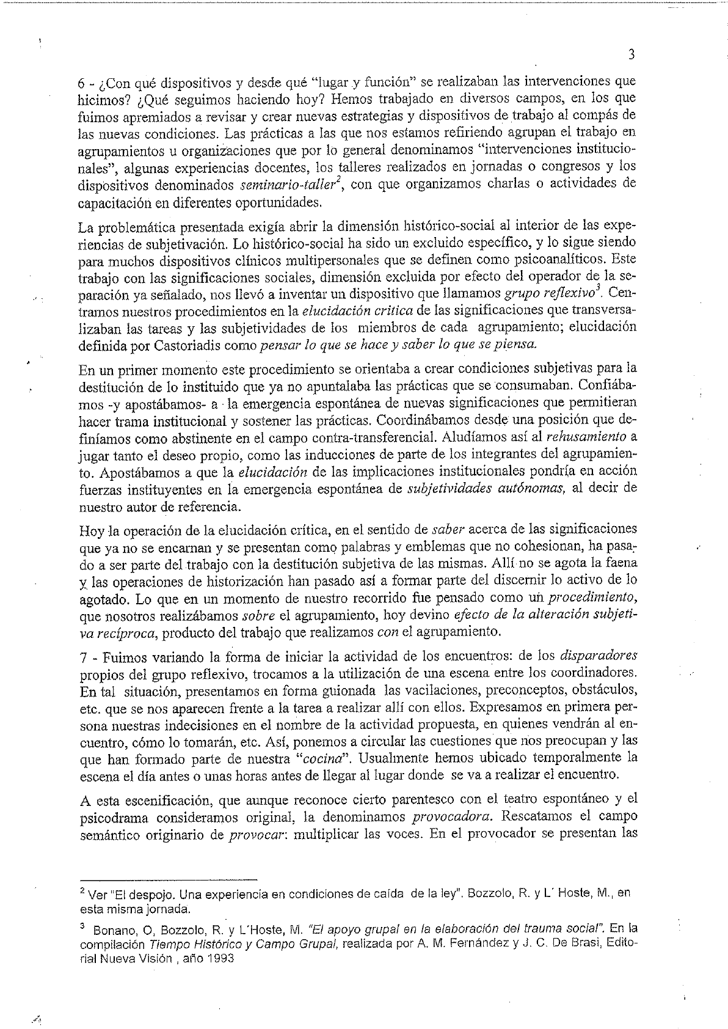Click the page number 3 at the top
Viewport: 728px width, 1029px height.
tap(632, 54)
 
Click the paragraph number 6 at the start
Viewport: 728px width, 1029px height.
tap(82, 81)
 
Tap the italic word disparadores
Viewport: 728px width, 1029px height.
tap(599, 656)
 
